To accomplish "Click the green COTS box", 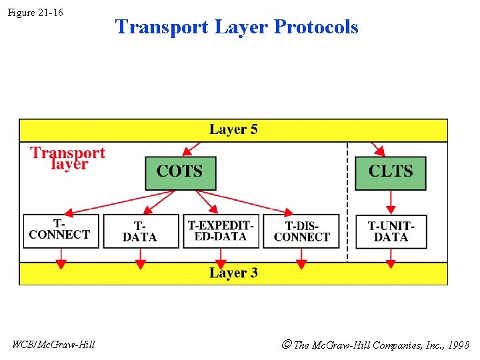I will tap(181, 173).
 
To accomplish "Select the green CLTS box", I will tap(390, 173).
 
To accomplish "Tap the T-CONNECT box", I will tap(61, 231).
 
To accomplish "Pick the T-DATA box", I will tap(141, 231).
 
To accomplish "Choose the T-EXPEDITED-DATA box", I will tap(221, 231).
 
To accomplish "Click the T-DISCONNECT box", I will tap(301, 231).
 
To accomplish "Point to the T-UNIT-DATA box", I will tap(391, 231).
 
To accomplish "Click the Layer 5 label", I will tap(233, 129).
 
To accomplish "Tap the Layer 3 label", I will tap(233, 273).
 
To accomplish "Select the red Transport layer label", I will tap(68, 158).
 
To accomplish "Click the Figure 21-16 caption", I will tap(35, 13).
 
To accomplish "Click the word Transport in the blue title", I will tap(162, 27).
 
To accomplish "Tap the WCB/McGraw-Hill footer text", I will tap(54, 345).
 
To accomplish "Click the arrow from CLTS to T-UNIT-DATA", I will tap(391, 202).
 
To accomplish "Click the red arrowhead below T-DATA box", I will tap(140, 264).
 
